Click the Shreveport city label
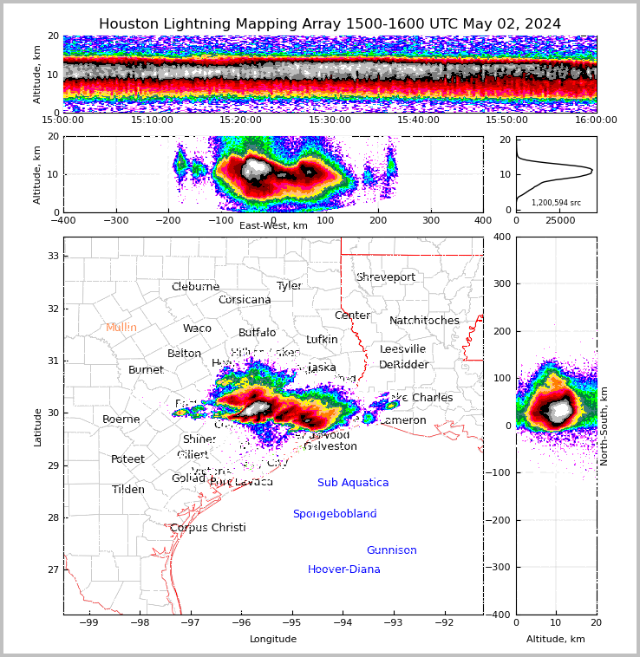click(386, 277)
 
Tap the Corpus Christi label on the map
click(208, 528)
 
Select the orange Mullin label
click(121, 328)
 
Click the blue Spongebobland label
click(335, 514)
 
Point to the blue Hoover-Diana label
click(344, 569)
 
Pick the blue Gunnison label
click(391, 550)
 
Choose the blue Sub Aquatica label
click(353, 483)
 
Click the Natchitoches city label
click(424, 321)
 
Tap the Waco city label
click(197, 328)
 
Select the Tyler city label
click(289, 286)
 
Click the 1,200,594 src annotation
click(556, 203)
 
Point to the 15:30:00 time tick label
click(330, 120)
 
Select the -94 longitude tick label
click(342, 622)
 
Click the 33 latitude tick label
click(52, 256)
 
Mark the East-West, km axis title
click(273, 226)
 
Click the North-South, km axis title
click(604, 426)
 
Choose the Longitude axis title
click(273, 640)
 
